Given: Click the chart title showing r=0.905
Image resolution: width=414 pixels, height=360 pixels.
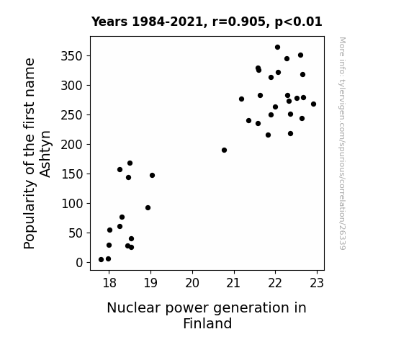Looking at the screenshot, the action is pyautogui.click(x=207, y=22).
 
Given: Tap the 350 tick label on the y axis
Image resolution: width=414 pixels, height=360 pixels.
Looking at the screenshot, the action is pyautogui.click(x=72, y=56).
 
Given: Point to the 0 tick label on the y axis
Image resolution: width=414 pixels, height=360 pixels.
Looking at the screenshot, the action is pyautogui.click(x=79, y=263).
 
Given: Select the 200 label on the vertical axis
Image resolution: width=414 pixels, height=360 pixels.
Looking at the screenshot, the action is pyautogui.click(x=72, y=145).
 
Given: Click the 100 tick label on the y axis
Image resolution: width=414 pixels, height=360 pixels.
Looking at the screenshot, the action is pyautogui.click(x=72, y=204).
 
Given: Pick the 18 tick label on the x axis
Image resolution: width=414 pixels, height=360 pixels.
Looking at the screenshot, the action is pyautogui.click(x=109, y=283).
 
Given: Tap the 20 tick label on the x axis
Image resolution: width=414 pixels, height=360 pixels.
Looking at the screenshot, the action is pyautogui.click(x=192, y=283).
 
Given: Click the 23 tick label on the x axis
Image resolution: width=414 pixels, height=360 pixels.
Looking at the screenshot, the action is pyautogui.click(x=317, y=283).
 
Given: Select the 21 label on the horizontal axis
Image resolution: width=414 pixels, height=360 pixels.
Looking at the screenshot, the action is pyautogui.click(x=234, y=283).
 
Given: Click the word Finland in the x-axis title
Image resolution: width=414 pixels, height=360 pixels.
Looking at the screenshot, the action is pyautogui.click(x=207, y=323).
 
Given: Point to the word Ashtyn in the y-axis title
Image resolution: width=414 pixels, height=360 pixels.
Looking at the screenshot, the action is pyautogui.click(x=45, y=154).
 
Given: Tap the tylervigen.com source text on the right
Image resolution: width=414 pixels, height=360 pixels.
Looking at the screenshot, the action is pyautogui.click(x=342, y=143).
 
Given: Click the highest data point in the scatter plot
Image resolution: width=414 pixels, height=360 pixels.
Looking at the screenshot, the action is pyautogui.click(x=277, y=48).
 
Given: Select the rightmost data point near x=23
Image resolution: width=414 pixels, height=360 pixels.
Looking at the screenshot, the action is pyautogui.click(x=313, y=104).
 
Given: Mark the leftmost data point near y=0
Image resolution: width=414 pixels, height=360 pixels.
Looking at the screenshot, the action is pyautogui.click(x=101, y=260).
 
